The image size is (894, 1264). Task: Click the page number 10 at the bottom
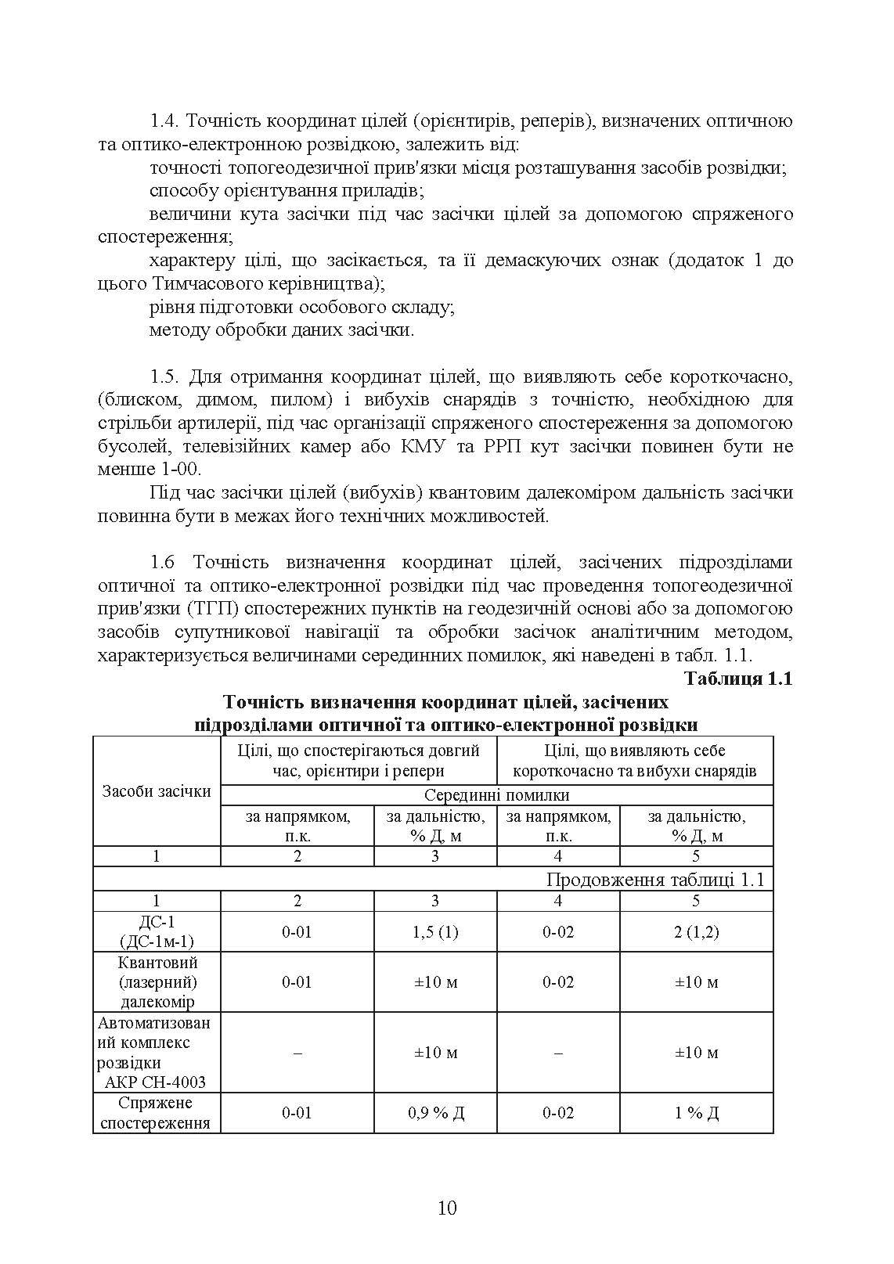pyautogui.click(x=447, y=1208)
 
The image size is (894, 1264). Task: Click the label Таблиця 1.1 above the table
pyautogui.click(x=738, y=679)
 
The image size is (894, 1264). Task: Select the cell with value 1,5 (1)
pyautogui.click(x=435, y=931)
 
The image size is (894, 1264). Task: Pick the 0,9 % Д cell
pyautogui.click(x=435, y=1112)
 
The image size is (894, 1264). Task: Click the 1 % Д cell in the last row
pyautogui.click(x=696, y=1112)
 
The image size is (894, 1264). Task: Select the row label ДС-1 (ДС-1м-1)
pyautogui.click(x=157, y=931)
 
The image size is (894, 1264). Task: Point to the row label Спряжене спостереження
pyautogui.click(x=157, y=1112)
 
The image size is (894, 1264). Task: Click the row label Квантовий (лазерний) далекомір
pyautogui.click(x=157, y=981)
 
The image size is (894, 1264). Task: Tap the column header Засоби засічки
pyautogui.click(x=157, y=790)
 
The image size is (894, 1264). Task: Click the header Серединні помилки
pyautogui.click(x=496, y=795)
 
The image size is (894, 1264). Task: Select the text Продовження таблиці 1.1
pyautogui.click(x=654, y=879)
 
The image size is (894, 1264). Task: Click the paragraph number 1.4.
pyautogui.click(x=165, y=121)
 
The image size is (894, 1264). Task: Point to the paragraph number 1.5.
pyautogui.click(x=165, y=376)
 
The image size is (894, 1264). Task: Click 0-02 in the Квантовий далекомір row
pyautogui.click(x=557, y=981)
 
